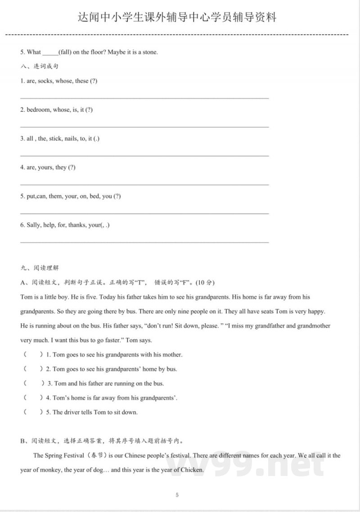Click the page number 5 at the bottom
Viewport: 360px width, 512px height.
(x=177, y=495)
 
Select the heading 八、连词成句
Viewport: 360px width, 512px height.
(x=40, y=67)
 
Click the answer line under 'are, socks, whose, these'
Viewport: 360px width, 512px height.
(x=144, y=98)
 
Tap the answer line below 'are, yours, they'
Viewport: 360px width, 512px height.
(x=144, y=184)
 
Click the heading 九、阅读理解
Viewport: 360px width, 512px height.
(x=40, y=268)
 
